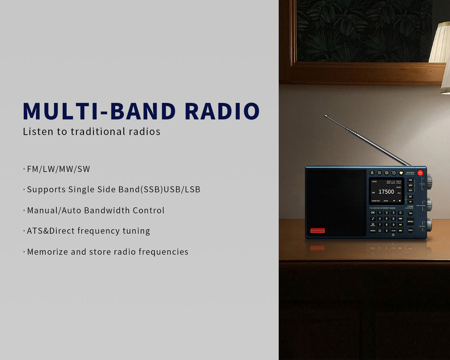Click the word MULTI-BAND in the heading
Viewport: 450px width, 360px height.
99,111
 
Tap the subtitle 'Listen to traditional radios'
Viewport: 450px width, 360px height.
91,132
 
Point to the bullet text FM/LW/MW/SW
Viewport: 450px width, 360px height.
59,169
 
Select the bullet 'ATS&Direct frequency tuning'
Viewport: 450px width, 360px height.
88,231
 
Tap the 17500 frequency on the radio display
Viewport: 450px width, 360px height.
386,192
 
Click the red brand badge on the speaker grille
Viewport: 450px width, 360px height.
318,230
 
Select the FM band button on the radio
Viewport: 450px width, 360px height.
410,180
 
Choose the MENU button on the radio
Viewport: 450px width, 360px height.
410,221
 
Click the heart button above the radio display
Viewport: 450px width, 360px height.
401,173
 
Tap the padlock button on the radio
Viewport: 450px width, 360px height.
372,173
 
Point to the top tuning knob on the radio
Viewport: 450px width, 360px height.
429,181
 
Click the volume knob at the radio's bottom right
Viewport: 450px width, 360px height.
429,225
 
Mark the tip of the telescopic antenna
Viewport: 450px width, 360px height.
326,116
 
